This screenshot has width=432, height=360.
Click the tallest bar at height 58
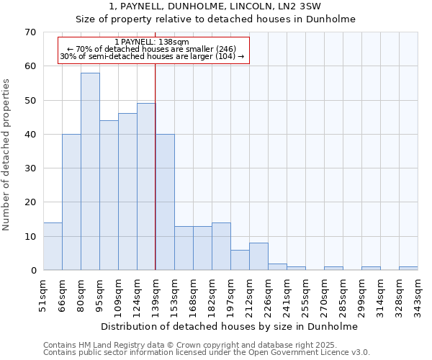click(x=90, y=171)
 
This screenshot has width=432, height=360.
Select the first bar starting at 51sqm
click(x=53, y=246)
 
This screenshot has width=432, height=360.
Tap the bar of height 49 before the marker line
click(x=146, y=186)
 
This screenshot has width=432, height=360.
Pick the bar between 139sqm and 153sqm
click(x=165, y=202)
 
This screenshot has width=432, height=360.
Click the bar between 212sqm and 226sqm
click(x=258, y=256)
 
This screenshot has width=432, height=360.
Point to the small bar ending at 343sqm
click(x=408, y=269)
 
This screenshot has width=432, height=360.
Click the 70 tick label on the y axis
click(x=30, y=32)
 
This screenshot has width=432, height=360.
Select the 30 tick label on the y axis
click(x=30, y=168)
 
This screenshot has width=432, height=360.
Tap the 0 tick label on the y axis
click(x=32, y=271)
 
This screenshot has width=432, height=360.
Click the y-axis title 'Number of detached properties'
click(x=7, y=155)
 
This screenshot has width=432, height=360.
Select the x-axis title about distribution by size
click(x=229, y=326)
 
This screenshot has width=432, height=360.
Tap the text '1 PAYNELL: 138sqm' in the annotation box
click(x=152, y=42)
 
